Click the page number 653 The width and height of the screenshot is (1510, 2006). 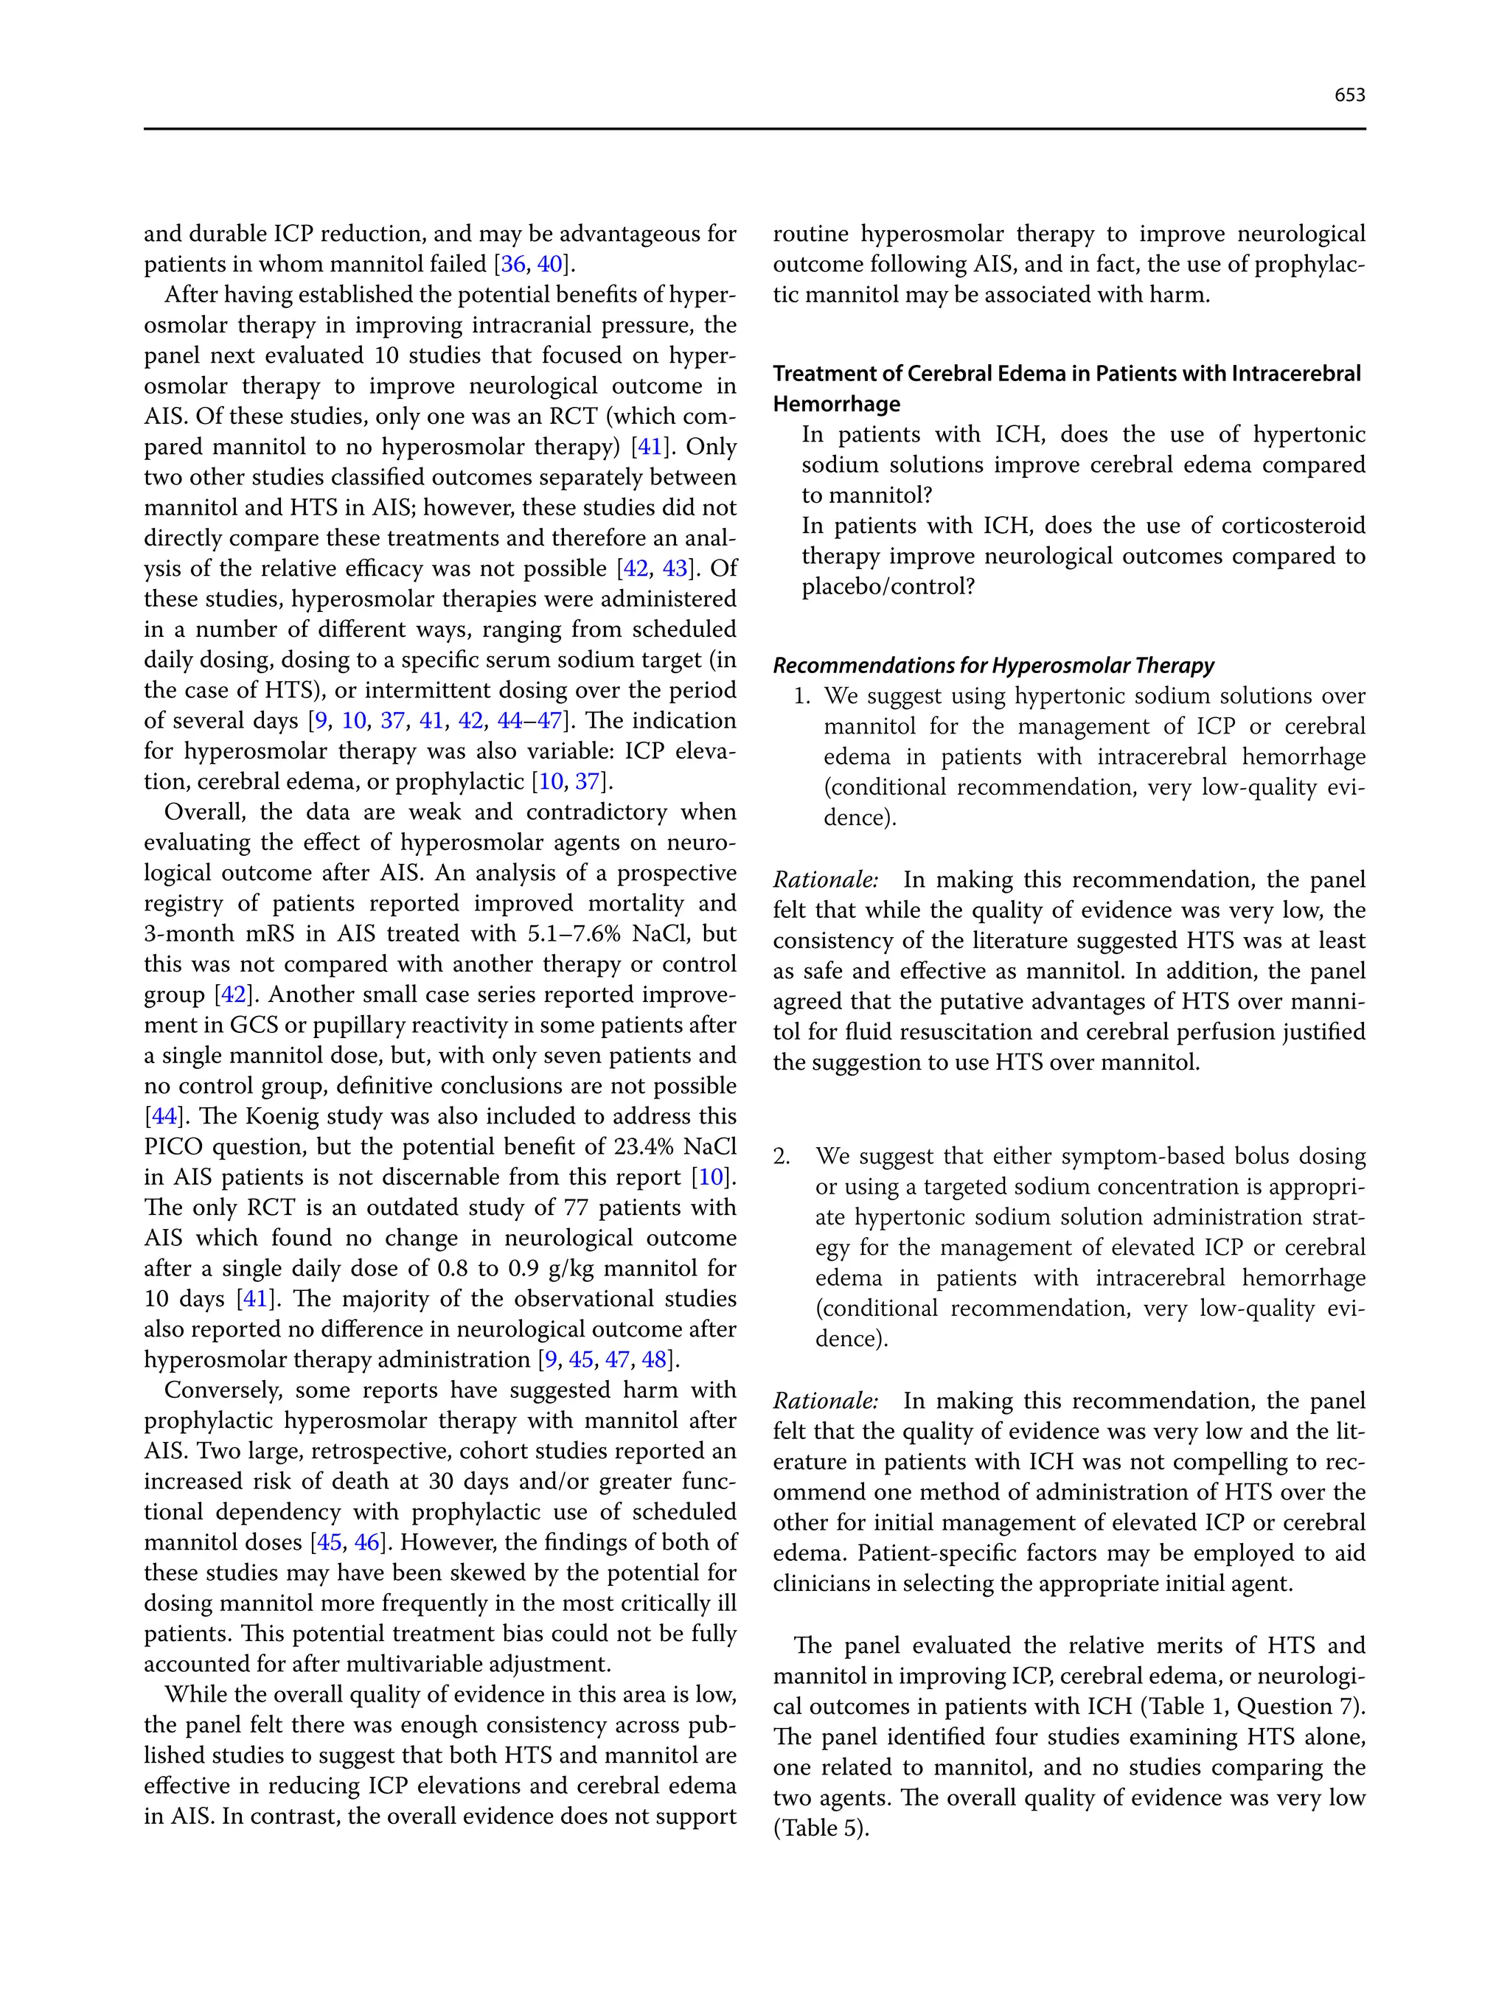(x=1349, y=95)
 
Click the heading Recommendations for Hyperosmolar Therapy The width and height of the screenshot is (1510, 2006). (x=993, y=666)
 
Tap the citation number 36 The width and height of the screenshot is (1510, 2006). (x=513, y=265)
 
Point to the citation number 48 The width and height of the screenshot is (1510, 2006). (x=654, y=1359)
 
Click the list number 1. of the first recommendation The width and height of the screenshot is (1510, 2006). (x=801, y=697)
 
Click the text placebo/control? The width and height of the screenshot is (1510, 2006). (x=888, y=587)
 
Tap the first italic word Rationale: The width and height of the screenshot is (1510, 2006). (x=825, y=880)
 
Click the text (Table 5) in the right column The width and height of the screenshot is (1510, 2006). (x=821, y=1828)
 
